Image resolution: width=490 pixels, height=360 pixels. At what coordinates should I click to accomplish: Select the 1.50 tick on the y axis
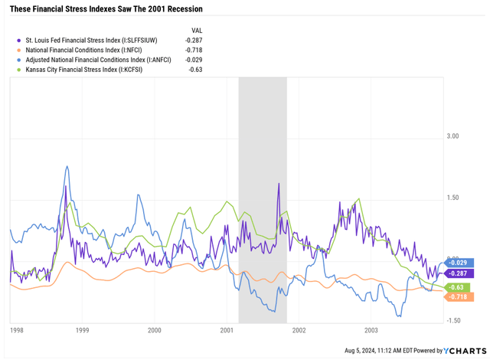tap(452, 198)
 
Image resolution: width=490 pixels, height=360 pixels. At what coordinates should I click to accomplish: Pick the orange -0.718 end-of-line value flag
tap(459, 296)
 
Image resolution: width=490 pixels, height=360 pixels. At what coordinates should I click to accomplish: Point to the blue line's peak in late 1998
tap(67, 166)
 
